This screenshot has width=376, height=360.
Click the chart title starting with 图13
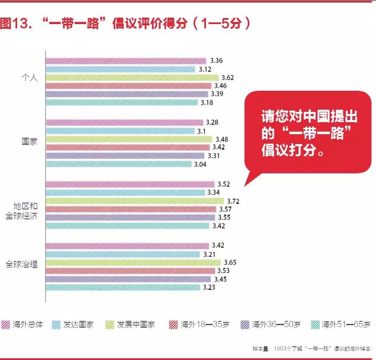pyautogui.click(x=125, y=23)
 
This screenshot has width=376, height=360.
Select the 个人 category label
pyautogui.click(x=30, y=78)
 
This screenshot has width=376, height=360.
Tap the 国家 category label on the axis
pyautogui.click(x=30, y=141)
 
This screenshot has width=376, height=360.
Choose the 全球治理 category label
pyautogui.click(x=22, y=264)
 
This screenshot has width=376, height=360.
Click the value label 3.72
pyautogui.click(x=233, y=201)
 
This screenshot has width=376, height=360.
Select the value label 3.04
pyautogui.click(x=200, y=164)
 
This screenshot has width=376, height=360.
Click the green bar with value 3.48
pyautogui.click(x=129, y=139)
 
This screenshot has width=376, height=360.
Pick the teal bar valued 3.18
pyautogui.click(x=123, y=102)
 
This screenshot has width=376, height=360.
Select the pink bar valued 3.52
pyautogui.click(x=130, y=184)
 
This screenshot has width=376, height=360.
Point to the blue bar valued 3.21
pyautogui.click(x=122, y=254)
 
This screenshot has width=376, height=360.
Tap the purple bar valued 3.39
pyautogui.click(x=127, y=94)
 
